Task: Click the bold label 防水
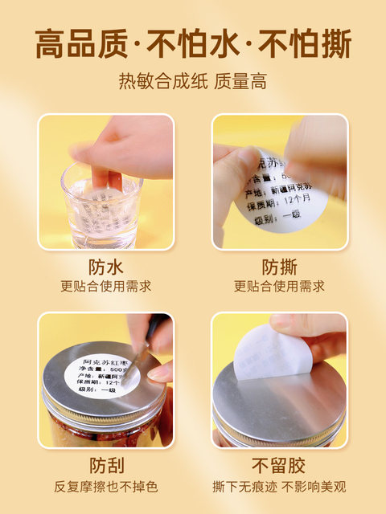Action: (x=105, y=266)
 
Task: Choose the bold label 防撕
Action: (x=279, y=266)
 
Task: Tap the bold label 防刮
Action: (x=105, y=466)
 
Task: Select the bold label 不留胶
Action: (x=279, y=466)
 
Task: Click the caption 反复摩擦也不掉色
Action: (x=105, y=487)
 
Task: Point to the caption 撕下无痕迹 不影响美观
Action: (x=279, y=487)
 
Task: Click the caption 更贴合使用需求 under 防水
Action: (x=105, y=286)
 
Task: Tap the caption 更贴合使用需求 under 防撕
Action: (x=279, y=286)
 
